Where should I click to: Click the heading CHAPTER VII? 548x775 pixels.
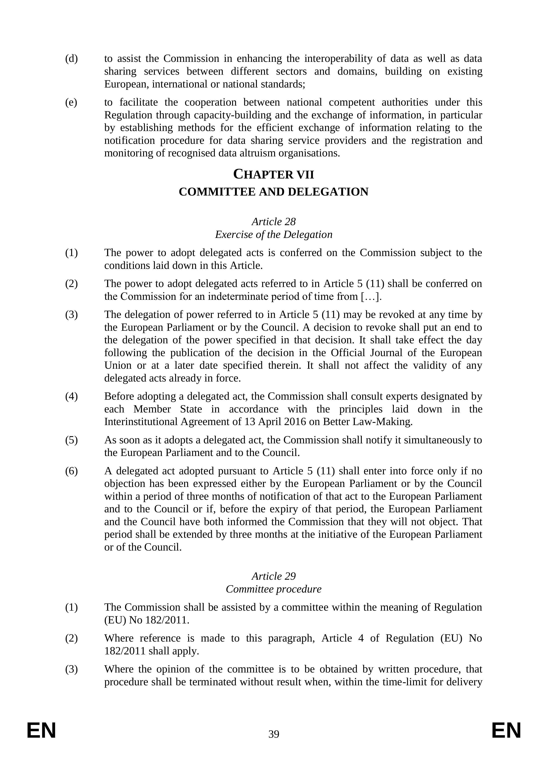(274, 175)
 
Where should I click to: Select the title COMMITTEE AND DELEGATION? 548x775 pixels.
(274, 192)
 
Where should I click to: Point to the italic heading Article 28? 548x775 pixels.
(274, 222)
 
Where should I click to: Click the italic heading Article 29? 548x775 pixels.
(274, 576)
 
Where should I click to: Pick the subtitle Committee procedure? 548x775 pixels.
(274, 589)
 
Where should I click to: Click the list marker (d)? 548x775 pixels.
(71, 59)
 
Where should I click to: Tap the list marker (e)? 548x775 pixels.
(71, 102)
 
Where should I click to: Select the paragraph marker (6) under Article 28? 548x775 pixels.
(71, 471)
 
